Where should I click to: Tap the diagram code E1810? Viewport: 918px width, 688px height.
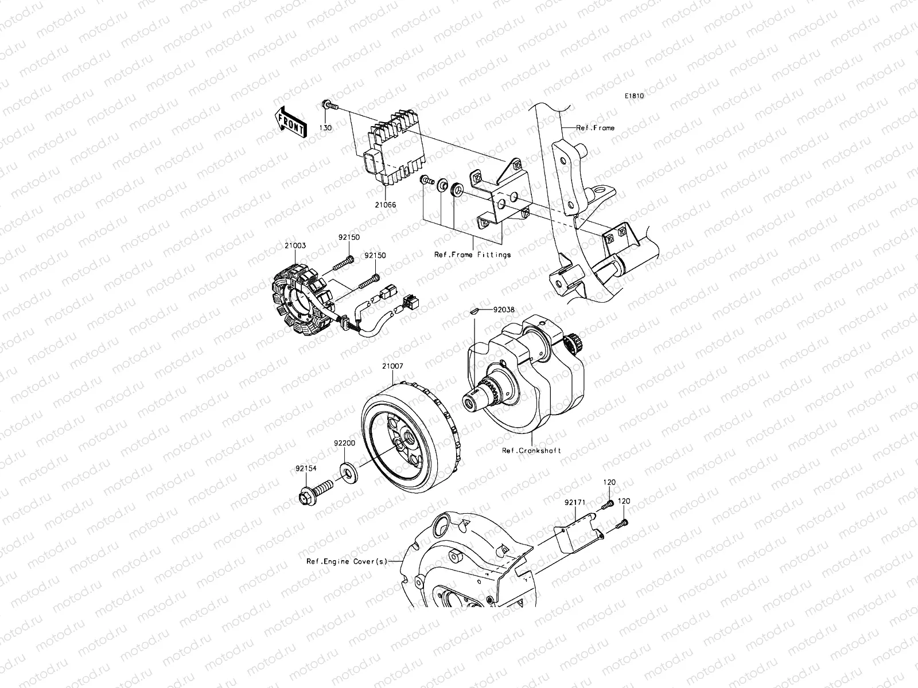click(635, 96)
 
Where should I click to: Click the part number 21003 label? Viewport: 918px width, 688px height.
click(294, 245)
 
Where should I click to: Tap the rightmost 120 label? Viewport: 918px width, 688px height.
click(624, 501)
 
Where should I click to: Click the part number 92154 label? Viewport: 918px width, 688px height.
click(306, 469)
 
